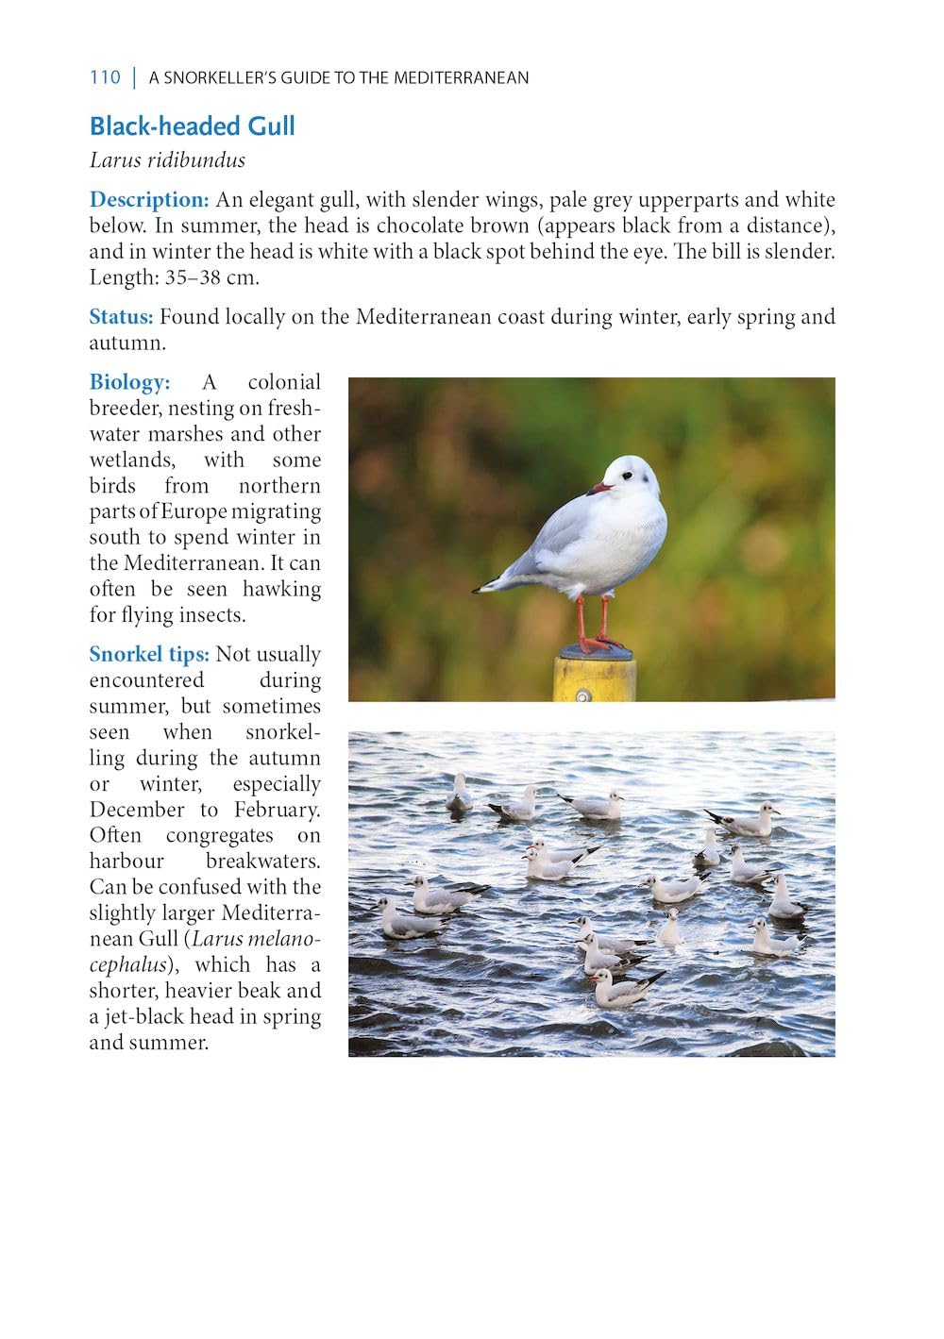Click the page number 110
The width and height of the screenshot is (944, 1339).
(x=105, y=77)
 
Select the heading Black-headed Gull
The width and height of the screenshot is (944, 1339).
(x=193, y=126)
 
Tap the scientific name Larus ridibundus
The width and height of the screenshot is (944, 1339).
(x=167, y=160)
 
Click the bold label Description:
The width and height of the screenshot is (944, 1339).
(x=149, y=200)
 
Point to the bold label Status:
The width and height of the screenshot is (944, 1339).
(x=121, y=317)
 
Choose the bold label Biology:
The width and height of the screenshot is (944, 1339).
(x=129, y=382)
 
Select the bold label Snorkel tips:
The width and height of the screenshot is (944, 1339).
(x=149, y=655)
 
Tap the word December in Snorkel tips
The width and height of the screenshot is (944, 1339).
(x=137, y=810)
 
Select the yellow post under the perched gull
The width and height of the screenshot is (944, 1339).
(x=594, y=678)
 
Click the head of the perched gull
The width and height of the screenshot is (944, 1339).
(x=631, y=477)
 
